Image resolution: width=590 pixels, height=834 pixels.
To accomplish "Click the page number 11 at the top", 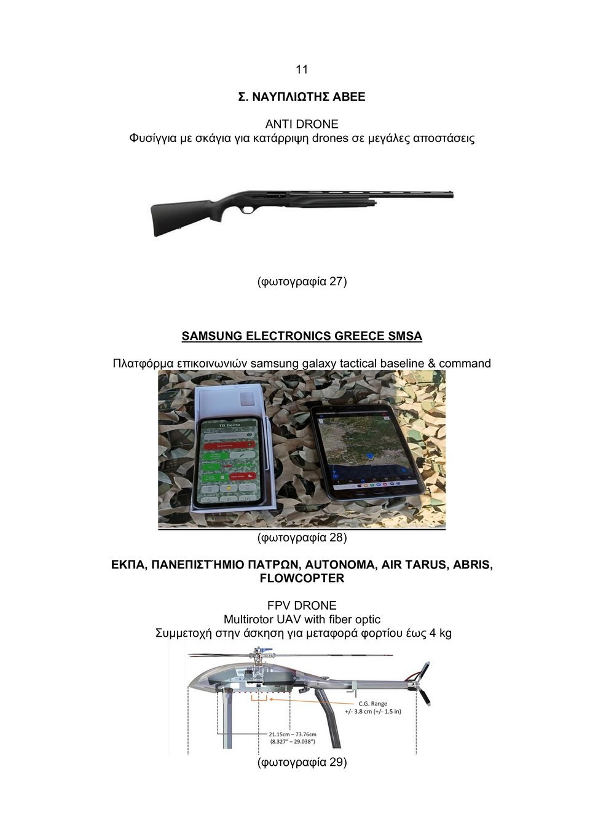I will pyautogui.click(x=301, y=69).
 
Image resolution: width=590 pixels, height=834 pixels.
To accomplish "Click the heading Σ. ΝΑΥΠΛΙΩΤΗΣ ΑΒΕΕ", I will pyautogui.click(x=301, y=97).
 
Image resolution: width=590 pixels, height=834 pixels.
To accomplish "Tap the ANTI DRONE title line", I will pyautogui.click(x=301, y=124).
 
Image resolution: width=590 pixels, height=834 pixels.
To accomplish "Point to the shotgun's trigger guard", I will pyautogui.click(x=248, y=210).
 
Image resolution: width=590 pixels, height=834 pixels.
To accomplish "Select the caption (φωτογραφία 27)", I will pyautogui.click(x=301, y=281).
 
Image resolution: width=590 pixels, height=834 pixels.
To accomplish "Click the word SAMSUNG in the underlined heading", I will pyautogui.click(x=212, y=336).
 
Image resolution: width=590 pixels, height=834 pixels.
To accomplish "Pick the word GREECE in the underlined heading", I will pyautogui.click(x=360, y=336).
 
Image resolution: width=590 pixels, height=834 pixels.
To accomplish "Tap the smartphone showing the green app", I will pyautogui.click(x=227, y=461).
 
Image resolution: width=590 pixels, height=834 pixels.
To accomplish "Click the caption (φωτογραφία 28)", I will pyautogui.click(x=301, y=538).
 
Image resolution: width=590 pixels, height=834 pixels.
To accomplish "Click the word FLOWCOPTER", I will pyautogui.click(x=301, y=578).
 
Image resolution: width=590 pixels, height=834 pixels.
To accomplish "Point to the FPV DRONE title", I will pyautogui.click(x=301, y=605).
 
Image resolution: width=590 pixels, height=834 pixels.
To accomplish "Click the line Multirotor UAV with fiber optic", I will pyautogui.click(x=301, y=620).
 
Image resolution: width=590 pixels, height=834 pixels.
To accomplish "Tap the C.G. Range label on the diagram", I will pyautogui.click(x=372, y=704).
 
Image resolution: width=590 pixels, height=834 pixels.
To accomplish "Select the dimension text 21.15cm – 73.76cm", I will pyautogui.click(x=293, y=734).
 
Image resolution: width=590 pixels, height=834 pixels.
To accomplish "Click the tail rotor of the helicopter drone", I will pyautogui.click(x=423, y=682).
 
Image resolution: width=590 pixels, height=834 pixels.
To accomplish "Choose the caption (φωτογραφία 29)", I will pyautogui.click(x=301, y=763).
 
